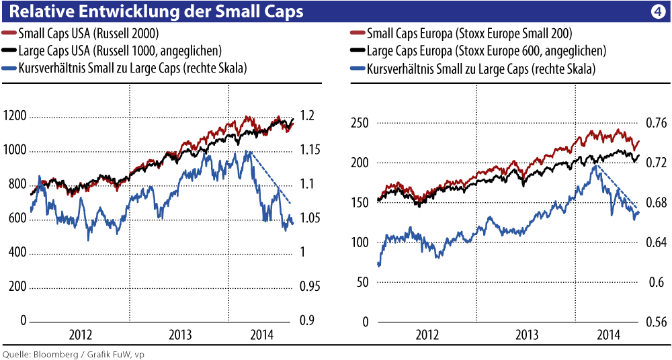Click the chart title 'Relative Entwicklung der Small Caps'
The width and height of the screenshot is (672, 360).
(155, 11)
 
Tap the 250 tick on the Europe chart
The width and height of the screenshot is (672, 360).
(362, 123)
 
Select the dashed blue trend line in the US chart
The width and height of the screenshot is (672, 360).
(272, 178)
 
